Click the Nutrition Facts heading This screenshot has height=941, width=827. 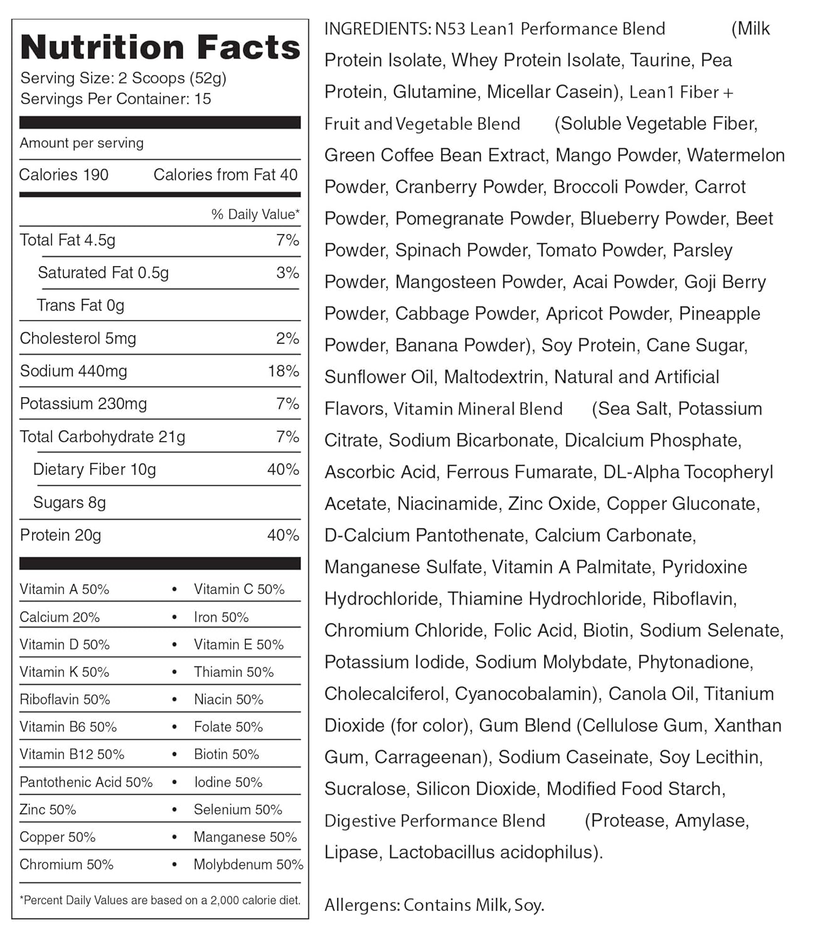click(x=160, y=48)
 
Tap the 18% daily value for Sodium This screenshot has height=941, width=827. click(x=284, y=371)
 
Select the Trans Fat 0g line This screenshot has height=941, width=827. click(x=80, y=306)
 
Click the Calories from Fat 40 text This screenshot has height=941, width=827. click(x=225, y=175)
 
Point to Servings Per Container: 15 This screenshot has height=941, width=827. click(x=115, y=99)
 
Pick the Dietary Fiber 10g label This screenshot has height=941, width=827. click(x=94, y=470)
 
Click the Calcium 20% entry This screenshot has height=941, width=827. click(x=60, y=617)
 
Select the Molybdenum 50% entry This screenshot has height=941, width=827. click(x=248, y=864)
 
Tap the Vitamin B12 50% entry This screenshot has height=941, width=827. click(x=72, y=755)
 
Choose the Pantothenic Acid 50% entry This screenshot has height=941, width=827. click(x=86, y=782)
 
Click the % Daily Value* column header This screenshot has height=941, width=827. click(x=255, y=215)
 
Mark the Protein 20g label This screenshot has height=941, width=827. click(x=60, y=535)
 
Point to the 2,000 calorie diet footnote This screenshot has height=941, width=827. click(x=160, y=900)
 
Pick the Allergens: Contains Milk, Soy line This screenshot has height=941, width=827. click(x=434, y=905)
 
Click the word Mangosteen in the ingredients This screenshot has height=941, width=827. click(x=437, y=282)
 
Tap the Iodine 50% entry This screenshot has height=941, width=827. click(x=228, y=782)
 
